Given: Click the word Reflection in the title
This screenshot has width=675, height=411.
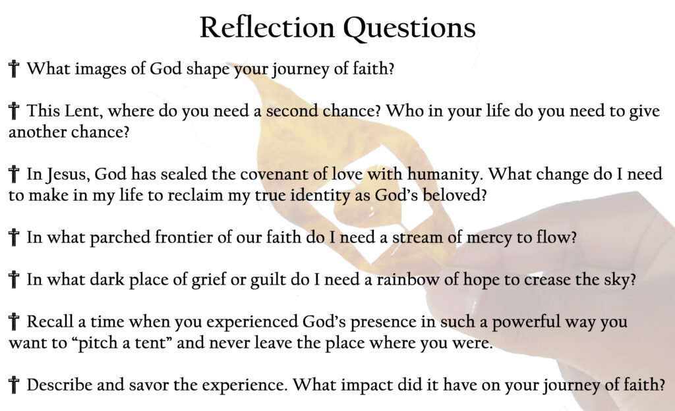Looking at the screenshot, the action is pyautogui.click(x=267, y=28).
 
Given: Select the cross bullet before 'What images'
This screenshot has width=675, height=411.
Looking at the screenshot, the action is pyautogui.click(x=14, y=68).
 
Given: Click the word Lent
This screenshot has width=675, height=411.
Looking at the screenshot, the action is pyautogui.click(x=83, y=111).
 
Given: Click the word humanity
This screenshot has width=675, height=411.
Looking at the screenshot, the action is pyautogui.click(x=444, y=175).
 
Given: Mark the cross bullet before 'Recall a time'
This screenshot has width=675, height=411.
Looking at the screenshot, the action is pyautogui.click(x=14, y=321).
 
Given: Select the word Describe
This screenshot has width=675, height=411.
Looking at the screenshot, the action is pyautogui.click(x=59, y=385).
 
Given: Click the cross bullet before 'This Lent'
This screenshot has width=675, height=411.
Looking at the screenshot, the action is pyautogui.click(x=14, y=111).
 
